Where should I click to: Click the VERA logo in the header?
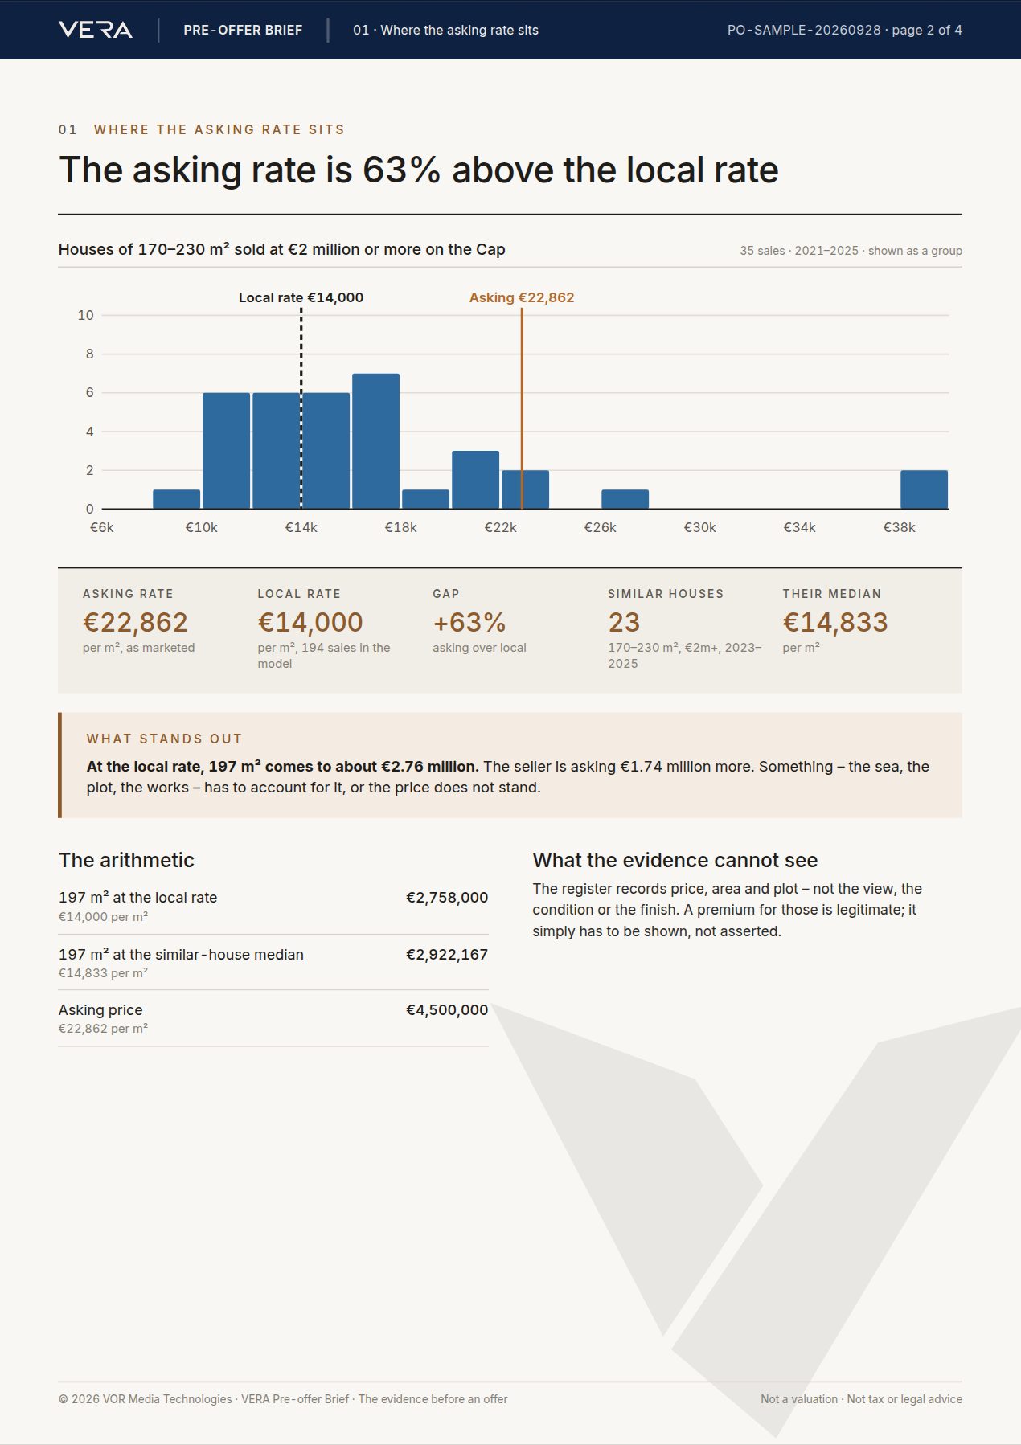pos(96,30)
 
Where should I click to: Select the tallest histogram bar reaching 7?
pos(375,441)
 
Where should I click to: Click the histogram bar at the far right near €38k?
pos(924,489)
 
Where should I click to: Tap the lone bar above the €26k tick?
pos(625,499)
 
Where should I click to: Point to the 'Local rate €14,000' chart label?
pos(301,297)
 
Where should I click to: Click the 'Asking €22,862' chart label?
pos(522,297)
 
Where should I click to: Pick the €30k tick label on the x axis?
pos(699,527)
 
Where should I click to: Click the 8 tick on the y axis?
pos(89,354)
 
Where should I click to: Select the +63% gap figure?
pos(469,622)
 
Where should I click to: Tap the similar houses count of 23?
pos(624,622)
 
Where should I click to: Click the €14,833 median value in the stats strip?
pos(835,622)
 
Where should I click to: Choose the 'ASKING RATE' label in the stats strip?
pos(128,594)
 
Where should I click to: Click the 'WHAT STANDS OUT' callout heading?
pos(164,739)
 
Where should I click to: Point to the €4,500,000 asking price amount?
pos(447,1010)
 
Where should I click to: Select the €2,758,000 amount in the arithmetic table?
pos(447,898)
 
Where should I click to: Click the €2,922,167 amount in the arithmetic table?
pos(447,955)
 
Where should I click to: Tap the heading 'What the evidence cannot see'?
pos(675,860)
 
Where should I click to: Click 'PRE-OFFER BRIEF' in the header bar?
pos(243,30)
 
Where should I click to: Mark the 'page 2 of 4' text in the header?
pos(927,30)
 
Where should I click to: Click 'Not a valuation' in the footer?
pos(799,1399)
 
